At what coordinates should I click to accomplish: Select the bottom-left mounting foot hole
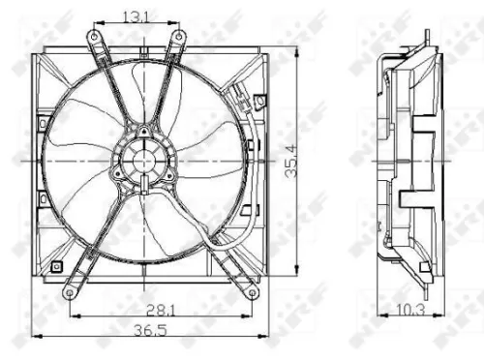[67, 290]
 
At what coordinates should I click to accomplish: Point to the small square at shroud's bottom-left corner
[57, 264]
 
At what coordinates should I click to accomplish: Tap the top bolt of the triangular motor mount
[143, 132]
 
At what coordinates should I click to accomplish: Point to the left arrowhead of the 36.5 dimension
[35, 337]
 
